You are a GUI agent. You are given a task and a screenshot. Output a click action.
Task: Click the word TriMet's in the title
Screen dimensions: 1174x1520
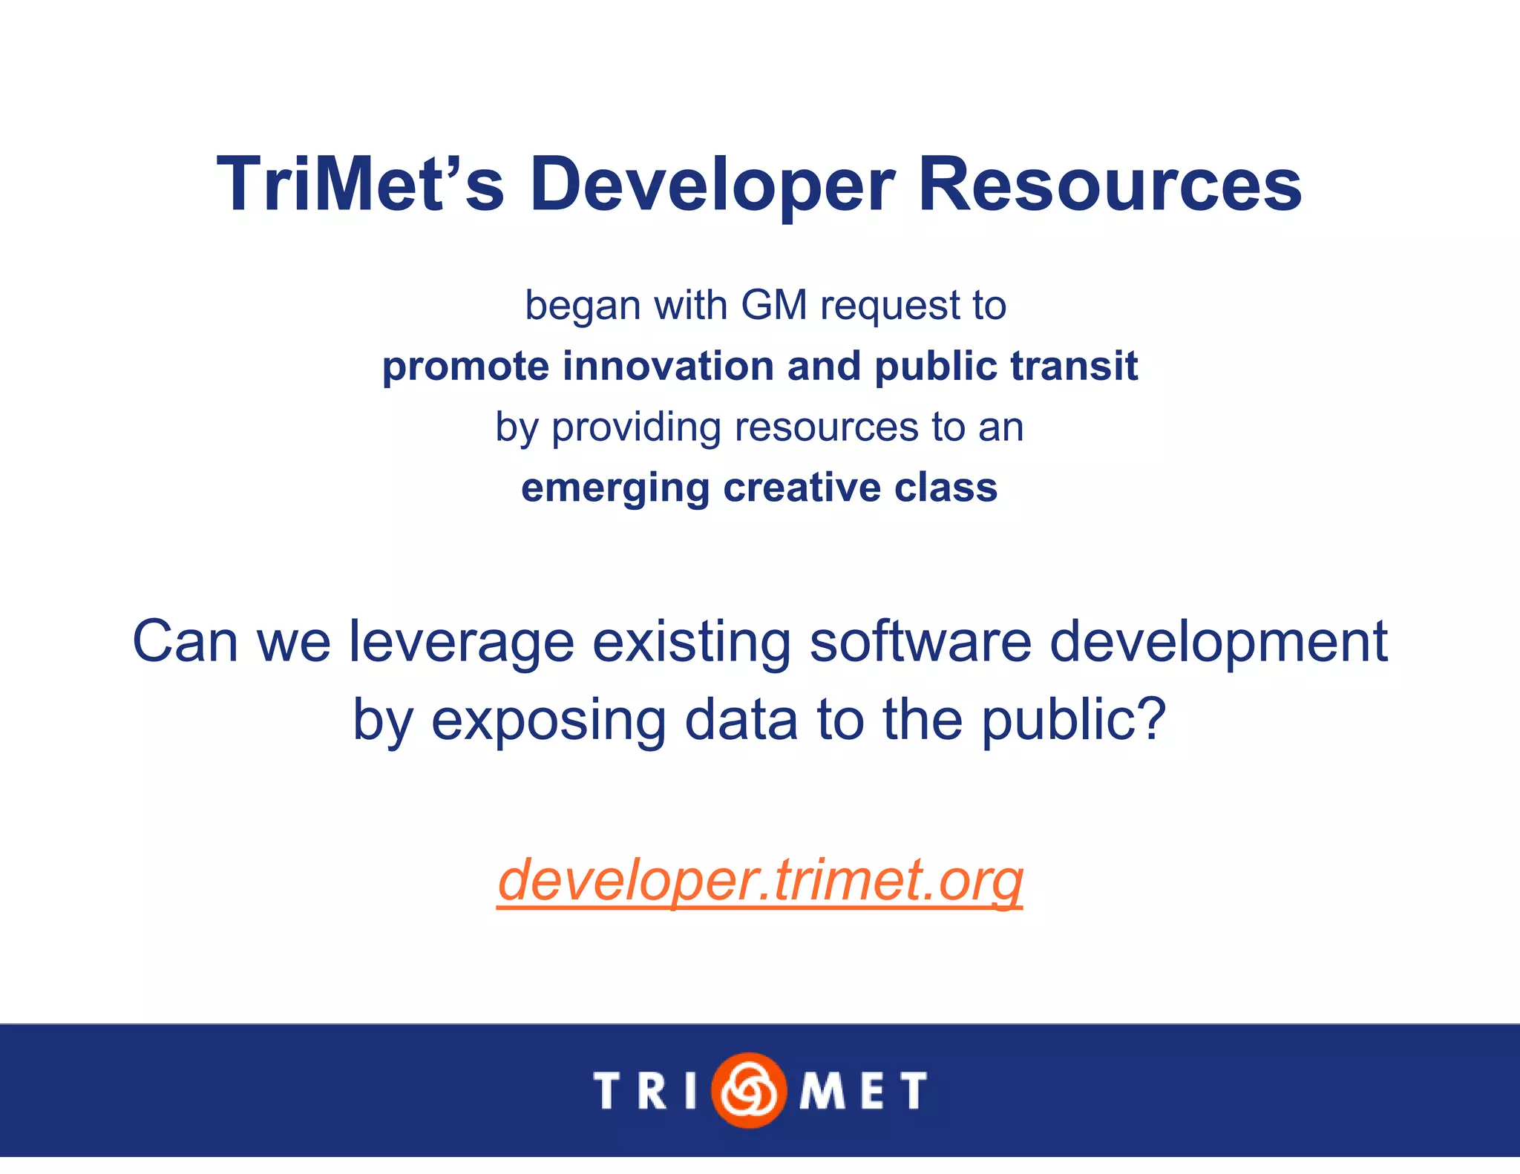coord(361,184)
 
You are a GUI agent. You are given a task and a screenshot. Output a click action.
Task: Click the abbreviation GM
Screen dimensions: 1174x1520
coord(773,305)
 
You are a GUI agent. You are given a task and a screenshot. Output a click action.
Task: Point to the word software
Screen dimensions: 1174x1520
coord(920,641)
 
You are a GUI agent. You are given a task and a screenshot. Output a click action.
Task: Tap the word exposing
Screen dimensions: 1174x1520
coord(548,721)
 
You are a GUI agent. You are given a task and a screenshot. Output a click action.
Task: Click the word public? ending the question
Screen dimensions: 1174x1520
coord(1074,721)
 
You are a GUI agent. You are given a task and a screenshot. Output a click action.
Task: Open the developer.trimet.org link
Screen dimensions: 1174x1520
coord(760,880)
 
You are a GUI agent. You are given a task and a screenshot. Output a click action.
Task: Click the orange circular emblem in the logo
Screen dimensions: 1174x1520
coord(748,1089)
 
